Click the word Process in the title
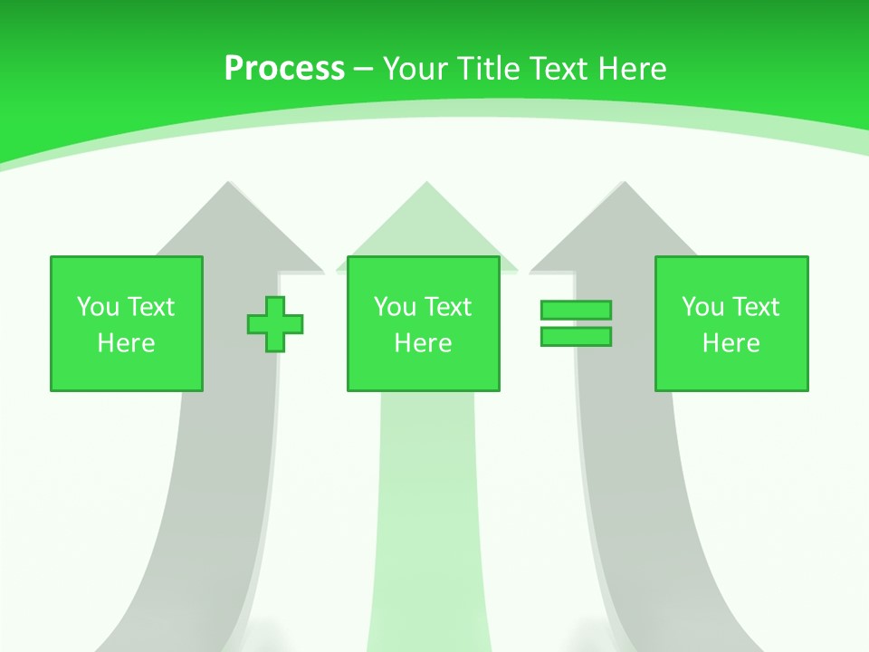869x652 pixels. [x=284, y=69]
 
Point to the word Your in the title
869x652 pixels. [x=415, y=69]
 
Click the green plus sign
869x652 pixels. [x=275, y=324]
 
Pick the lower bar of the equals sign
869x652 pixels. [x=576, y=337]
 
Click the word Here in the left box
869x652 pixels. [x=127, y=343]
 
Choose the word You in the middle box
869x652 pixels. [x=395, y=307]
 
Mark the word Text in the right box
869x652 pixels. [x=756, y=307]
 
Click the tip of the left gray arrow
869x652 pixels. [x=228, y=187]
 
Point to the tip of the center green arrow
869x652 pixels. [x=426, y=186]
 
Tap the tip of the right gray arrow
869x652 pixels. [x=623, y=187]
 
